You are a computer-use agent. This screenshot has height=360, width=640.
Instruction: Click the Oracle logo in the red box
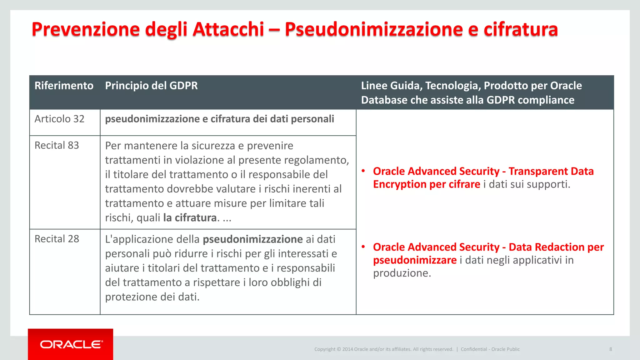click(x=71, y=344)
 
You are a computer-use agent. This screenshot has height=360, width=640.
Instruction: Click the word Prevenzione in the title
click(x=86, y=29)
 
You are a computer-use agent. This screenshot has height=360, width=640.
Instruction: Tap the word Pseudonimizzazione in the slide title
click(x=374, y=29)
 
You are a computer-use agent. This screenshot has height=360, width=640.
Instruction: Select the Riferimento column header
click(x=64, y=86)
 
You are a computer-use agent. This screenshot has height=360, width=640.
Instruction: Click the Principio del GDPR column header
click(x=151, y=86)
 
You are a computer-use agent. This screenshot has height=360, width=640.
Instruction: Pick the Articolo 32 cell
click(x=59, y=119)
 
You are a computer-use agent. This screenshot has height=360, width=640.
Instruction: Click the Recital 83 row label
click(x=57, y=145)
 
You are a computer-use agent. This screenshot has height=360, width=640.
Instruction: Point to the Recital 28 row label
click(x=57, y=239)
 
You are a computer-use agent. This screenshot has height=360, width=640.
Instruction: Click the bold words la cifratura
click(x=190, y=218)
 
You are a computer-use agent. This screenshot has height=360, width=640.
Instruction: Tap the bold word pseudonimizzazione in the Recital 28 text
click(x=252, y=239)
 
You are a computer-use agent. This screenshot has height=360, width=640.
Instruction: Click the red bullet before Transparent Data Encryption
click(x=363, y=171)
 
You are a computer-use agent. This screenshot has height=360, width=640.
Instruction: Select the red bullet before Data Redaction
click(x=363, y=247)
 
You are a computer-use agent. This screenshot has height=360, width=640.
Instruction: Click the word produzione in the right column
click(x=402, y=273)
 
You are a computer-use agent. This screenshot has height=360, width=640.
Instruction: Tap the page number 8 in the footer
click(x=610, y=349)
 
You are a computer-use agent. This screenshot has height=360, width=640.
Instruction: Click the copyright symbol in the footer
click(x=339, y=349)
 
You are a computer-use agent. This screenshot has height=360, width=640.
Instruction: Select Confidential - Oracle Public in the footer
click(x=490, y=349)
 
